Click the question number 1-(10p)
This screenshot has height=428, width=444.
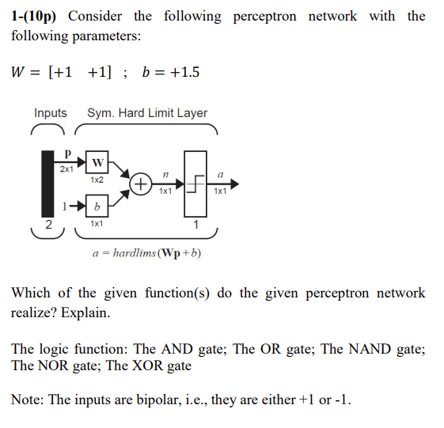tap(39, 17)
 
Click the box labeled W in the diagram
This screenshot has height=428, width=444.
tap(97, 163)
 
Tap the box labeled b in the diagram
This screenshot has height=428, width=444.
tap(97, 207)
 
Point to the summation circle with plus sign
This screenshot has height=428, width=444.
tap(140, 184)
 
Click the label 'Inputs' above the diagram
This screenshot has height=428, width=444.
tap(50, 113)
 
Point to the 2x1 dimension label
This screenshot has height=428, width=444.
tap(67, 169)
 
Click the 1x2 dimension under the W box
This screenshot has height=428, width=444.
tap(97, 180)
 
